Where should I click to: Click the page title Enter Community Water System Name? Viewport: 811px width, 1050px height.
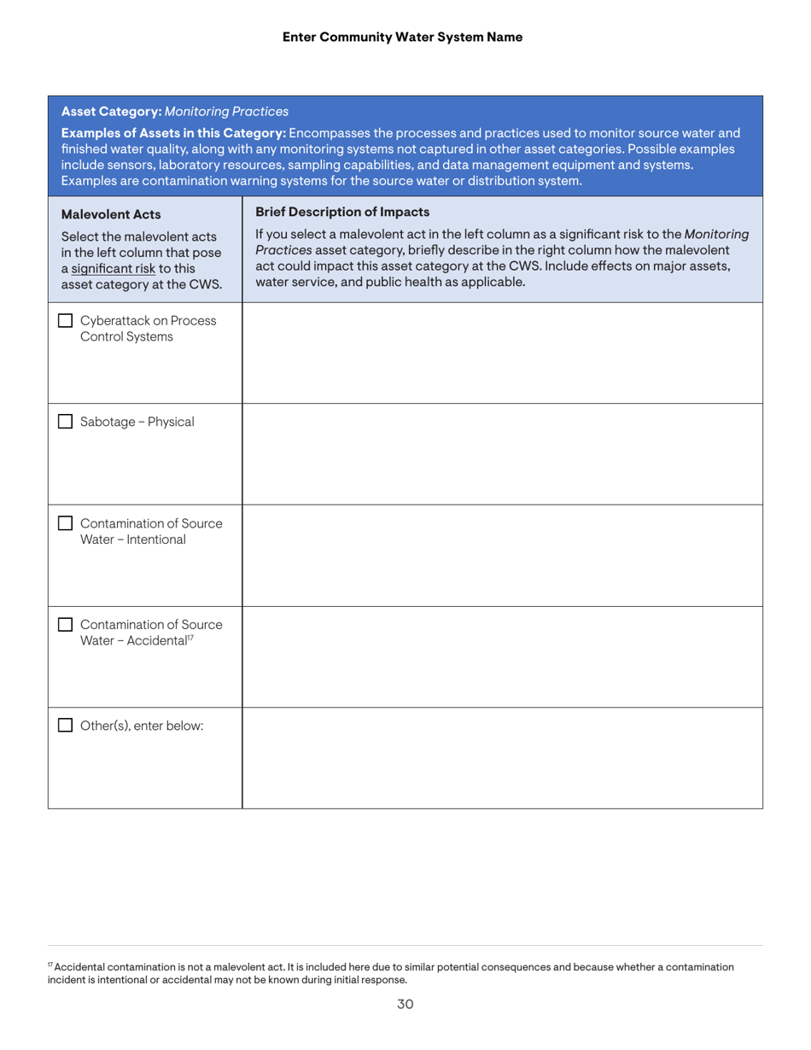pyautogui.click(x=401, y=37)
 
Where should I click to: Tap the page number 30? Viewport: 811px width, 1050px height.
pyautogui.click(x=405, y=1004)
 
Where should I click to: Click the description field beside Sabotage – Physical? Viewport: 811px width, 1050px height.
pyautogui.click(x=502, y=454)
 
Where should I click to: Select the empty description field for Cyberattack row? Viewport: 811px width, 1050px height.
pyautogui.click(x=502, y=353)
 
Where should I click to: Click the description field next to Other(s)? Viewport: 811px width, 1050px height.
pyautogui.click(x=502, y=758)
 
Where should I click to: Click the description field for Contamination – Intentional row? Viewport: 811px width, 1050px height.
pyautogui.click(x=502, y=556)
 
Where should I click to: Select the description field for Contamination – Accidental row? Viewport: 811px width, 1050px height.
pyautogui.click(x=502, y=656)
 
